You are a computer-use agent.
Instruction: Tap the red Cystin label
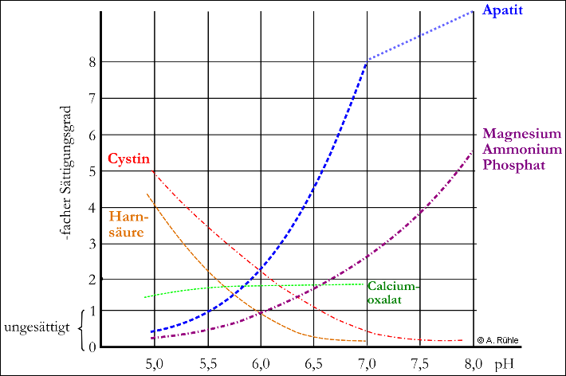pos(128,158)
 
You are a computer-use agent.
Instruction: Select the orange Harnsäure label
pos(127,223)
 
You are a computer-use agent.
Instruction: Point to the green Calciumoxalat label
pos(392,292)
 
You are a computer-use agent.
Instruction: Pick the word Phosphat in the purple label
pos(514,165)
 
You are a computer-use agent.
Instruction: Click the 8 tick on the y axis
pos(92,62)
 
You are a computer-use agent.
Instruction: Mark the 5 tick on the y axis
pos(92,170)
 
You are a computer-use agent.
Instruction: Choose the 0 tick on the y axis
pos(92,346)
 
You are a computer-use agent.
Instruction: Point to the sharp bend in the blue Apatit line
pos(366,61)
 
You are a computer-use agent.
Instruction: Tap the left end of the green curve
pos(145,296)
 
